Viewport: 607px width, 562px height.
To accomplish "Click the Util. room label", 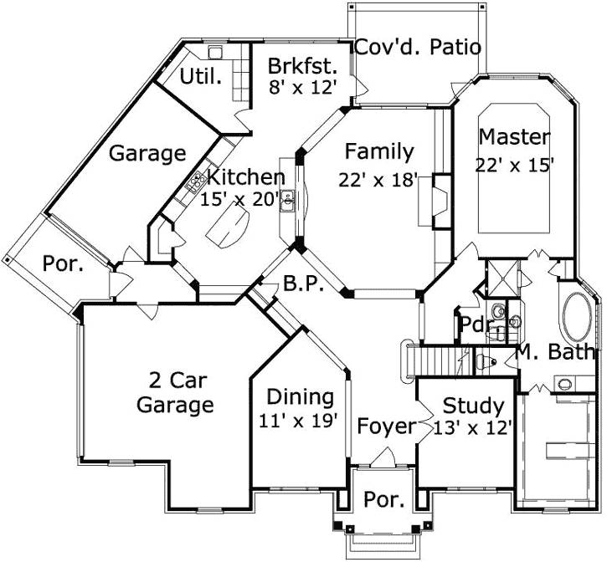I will point(202,78).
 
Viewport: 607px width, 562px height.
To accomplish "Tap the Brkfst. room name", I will point(302,66).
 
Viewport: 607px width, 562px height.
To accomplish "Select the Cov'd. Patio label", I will point(418,47).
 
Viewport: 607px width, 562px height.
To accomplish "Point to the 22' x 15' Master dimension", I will point(515,165).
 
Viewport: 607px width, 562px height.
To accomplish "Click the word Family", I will point(379,151).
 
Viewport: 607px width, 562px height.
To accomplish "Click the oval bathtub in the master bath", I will point(576,317).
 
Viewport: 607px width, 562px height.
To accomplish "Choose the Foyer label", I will point(386,427).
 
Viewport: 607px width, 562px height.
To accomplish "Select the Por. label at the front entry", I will point(384,500).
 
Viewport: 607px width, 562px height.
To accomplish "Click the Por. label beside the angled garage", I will point(63,264).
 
